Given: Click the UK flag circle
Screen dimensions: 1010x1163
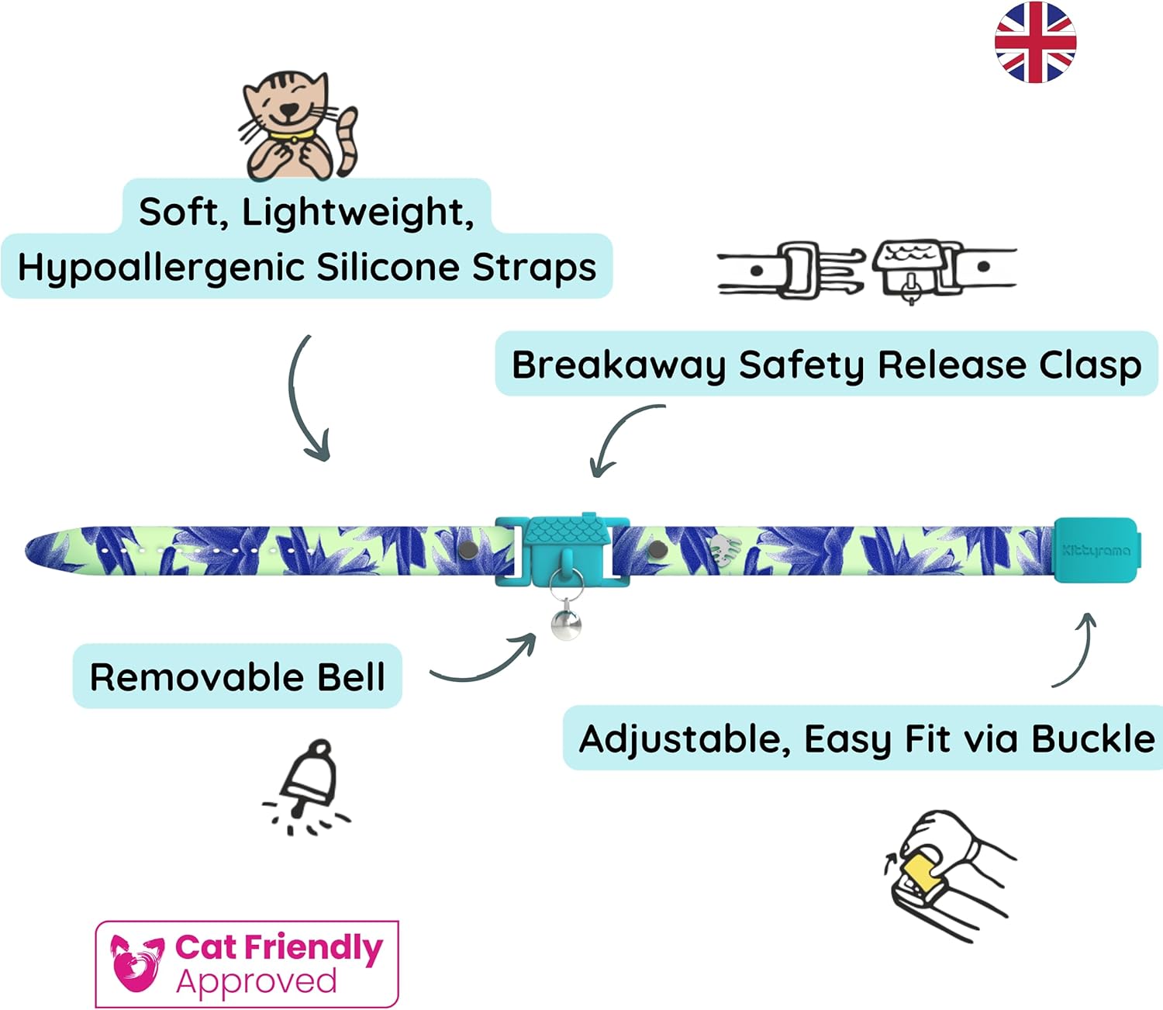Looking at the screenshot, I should [1035, 42].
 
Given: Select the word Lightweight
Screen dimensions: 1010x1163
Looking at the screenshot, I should [357, 212].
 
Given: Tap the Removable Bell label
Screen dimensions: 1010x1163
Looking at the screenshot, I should [237, 676].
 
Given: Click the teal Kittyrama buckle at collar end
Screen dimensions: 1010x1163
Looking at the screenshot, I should [1096, 549].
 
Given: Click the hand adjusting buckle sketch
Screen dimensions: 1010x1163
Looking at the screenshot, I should [949, 873].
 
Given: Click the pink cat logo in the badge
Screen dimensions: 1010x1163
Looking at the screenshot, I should [136, 963].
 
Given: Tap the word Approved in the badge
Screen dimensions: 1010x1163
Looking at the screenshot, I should [257, 981].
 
